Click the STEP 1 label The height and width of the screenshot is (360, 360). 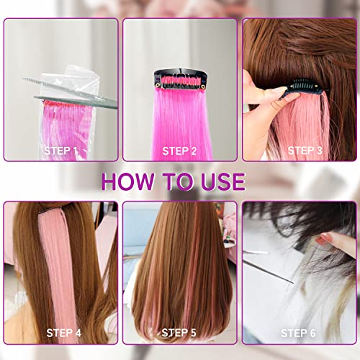[x=60, y=151]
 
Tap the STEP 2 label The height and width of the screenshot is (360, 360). [x=179, y=151]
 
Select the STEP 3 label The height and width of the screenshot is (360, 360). [x=305, y=150]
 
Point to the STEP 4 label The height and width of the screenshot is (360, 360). [x=63, y=333]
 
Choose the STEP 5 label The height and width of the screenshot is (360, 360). [x=179, y=333]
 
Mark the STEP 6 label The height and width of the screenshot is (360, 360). [x=298, y=333]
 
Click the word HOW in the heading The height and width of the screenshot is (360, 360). [x=128, y=181]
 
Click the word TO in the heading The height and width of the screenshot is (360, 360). [x=178, y=181]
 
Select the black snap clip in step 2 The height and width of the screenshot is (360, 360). [x=181, y=78]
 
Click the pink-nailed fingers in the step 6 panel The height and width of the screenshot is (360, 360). [x=336, y=243]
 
